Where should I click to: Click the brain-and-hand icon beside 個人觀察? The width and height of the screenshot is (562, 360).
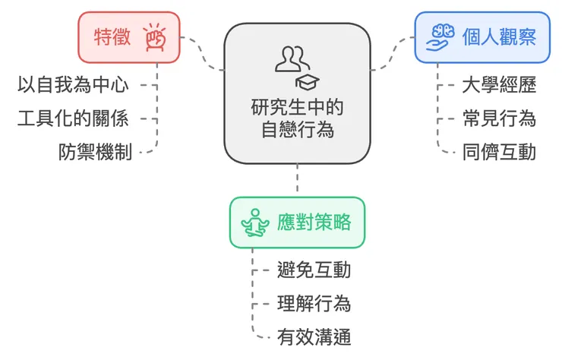pyautogui.click(x=442, y=36)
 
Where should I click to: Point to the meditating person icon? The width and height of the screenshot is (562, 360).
pyautogui.click(x=256, y=223)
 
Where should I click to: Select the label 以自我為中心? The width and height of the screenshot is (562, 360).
pyautogui.click(x=73, y=84)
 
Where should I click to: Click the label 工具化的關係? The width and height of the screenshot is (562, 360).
pyautogui.click(x=73, y=118)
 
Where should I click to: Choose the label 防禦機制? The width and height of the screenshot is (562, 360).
pyautogui.click(x=96, y=152)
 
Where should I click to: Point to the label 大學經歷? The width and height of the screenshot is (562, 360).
pyautogui.click(x=499, y=84)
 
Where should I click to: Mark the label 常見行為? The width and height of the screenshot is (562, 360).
pyautogui.click(x=499, y=118)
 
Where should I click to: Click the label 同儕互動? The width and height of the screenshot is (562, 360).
pyautogui.click(x=499, y=152)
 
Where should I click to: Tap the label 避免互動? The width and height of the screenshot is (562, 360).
pyautogui.click(x=314, y=270)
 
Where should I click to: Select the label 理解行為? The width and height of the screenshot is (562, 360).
pyautogui.click(x=314, y=304)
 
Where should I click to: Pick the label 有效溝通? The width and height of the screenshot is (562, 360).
pyautogui.click(x=314, y=337)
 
